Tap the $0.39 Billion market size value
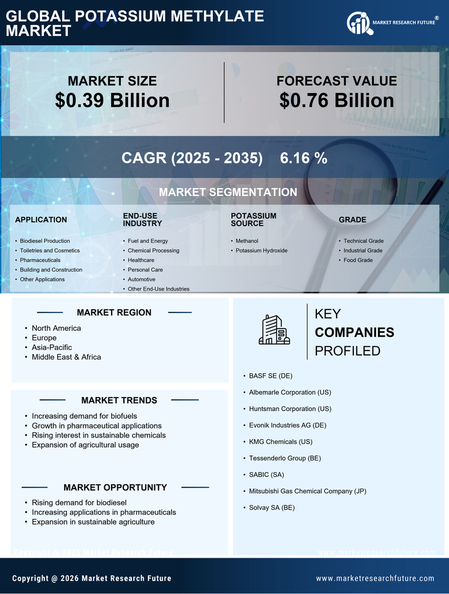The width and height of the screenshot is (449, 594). point(112,100)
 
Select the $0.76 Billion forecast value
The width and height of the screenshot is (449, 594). point(336,100)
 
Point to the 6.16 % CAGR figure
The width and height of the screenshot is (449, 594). point(303,158)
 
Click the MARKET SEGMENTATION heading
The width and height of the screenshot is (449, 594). point(228,192)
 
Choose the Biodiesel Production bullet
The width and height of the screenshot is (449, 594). point(45,241)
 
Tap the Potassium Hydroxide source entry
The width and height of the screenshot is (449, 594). point(262,251)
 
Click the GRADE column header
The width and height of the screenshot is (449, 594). point(352,219)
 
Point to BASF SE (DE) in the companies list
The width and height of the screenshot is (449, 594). point(271,375)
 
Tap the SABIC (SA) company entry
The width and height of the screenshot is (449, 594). point(266,474)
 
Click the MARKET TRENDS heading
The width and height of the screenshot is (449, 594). point(119,401)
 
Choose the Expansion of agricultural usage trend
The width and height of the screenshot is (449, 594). point(85,445)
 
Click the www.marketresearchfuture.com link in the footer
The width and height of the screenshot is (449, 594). point(375,579)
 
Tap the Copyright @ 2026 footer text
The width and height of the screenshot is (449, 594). point(92,579)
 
